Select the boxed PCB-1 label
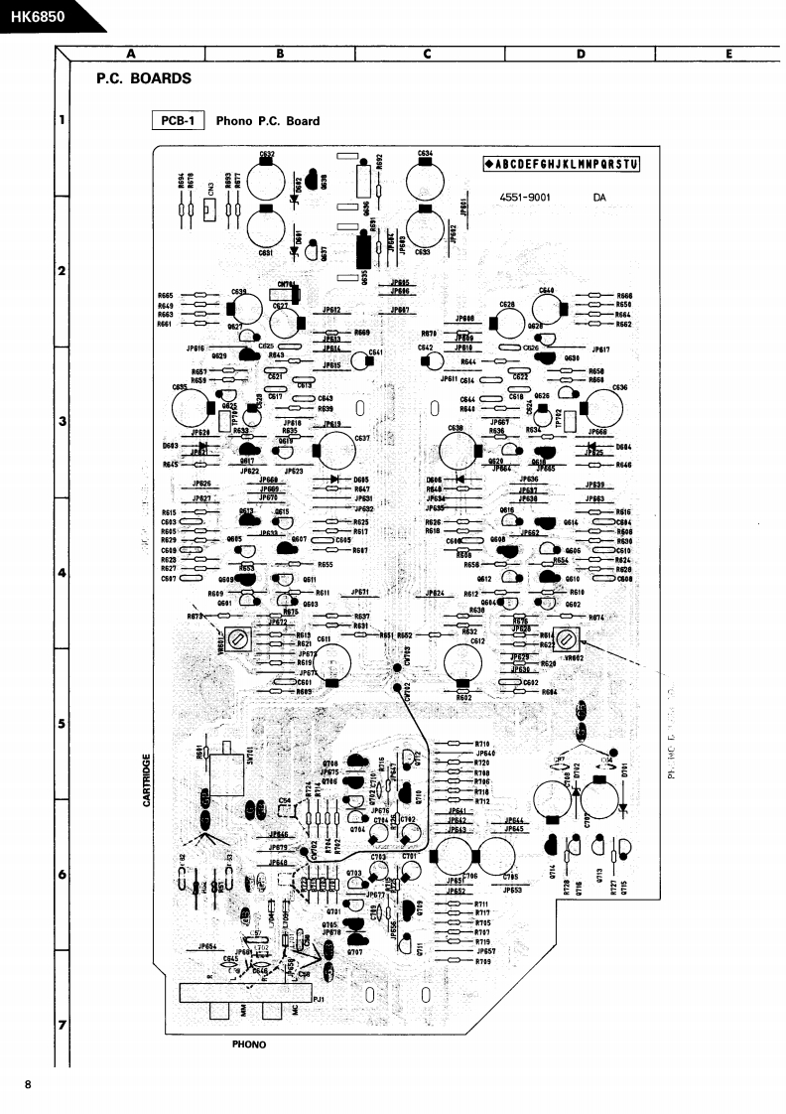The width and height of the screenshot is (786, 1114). click(177, 121)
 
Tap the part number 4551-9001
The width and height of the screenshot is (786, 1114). click(525, 197)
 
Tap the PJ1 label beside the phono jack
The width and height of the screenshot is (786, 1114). click(319, 1000)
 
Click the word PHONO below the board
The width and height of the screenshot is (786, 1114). click(249, 1044)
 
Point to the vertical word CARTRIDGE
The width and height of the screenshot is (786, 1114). click(147, 779)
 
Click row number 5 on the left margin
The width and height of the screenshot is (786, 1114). click(62, 724)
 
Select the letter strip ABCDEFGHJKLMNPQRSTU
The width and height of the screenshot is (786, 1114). click(562, 164)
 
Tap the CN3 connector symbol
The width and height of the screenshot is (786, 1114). click(210, 209)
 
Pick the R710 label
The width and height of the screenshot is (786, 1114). click(482, 744)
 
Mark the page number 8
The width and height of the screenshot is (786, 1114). click(28, 1084)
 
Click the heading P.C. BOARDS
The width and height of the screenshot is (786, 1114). click(144, 78)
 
